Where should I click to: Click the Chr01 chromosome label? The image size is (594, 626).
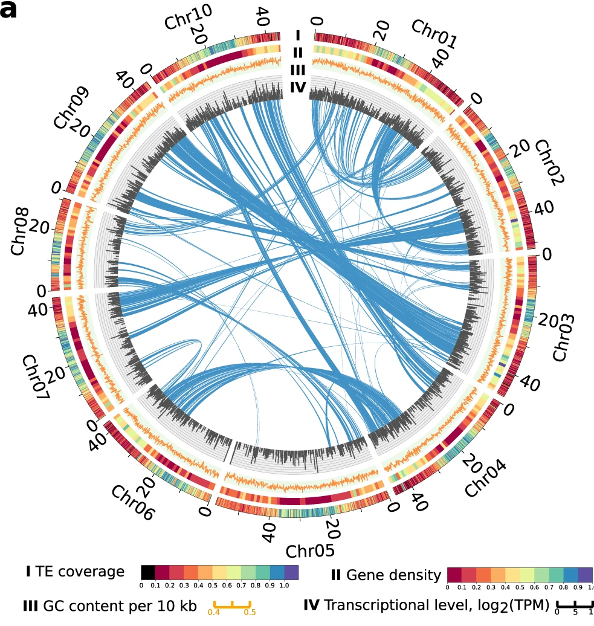point(434,34)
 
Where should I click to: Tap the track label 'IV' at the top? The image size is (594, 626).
point(296,88)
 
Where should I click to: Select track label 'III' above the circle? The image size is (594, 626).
point(296,70)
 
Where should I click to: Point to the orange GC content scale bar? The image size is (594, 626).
point(232,604)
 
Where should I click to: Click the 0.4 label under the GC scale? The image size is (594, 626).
point(214,613)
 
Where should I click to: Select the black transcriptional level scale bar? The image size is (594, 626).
point(575,604)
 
